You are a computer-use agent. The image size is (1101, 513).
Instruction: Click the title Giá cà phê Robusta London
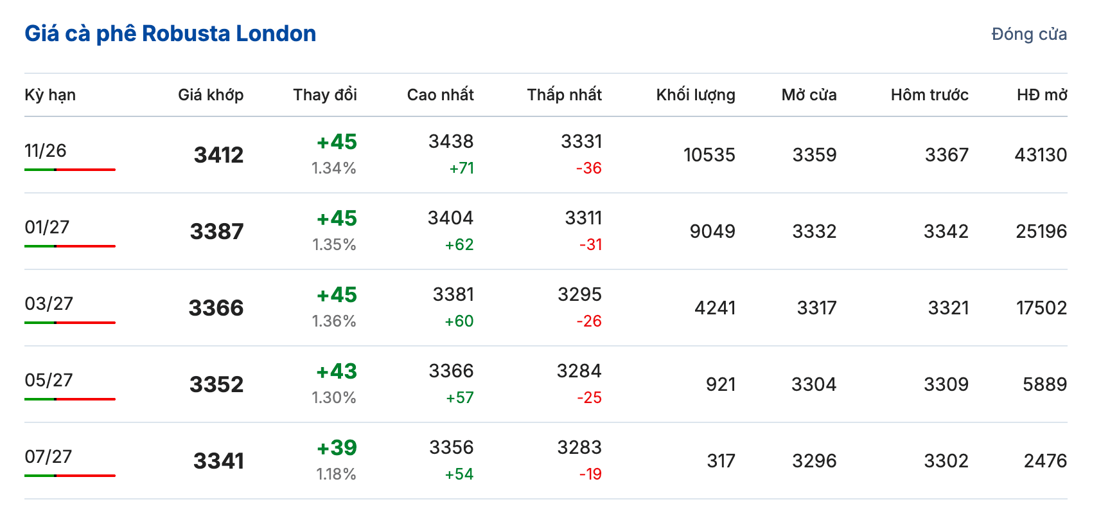click(x=170, y=34)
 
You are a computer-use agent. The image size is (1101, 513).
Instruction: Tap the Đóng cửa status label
click(x=1029, y=34)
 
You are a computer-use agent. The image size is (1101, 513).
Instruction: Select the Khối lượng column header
click(x=696, y=95)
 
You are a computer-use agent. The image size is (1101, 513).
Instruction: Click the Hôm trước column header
click(x=929, y=94)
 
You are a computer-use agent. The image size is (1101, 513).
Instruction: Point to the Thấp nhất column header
click(x=564, y=94)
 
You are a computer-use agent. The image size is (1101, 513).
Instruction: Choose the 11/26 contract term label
click(x=45, y=150)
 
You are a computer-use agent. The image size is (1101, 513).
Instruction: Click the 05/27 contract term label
click(x=49, y=380)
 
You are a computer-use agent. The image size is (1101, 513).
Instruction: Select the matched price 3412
click(x=219, y=155)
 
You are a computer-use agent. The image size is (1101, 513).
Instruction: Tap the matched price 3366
click(x=216, y=308)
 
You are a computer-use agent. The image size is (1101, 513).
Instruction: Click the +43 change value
click(x=337, y=372)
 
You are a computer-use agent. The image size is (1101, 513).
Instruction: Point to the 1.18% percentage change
click(x=336, y=474)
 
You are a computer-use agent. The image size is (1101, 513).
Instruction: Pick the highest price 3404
click(x=450, y=218)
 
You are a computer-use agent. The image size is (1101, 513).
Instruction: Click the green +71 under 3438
click(x=462, y=168)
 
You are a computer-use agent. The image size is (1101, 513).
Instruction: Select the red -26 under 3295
click(x=589, y=321)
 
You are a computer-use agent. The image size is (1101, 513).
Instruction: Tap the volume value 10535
click(x=709, y=155)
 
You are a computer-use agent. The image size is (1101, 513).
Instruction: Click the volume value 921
click(x=721, y=384)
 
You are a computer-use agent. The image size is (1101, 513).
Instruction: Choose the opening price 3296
click(x=814, y=461)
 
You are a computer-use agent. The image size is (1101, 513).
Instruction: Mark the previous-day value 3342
click(x=946, y=231)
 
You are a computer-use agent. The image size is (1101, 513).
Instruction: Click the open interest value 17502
click(x=1041, y=308)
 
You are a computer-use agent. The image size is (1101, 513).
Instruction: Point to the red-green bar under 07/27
click(x=70, y=476)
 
